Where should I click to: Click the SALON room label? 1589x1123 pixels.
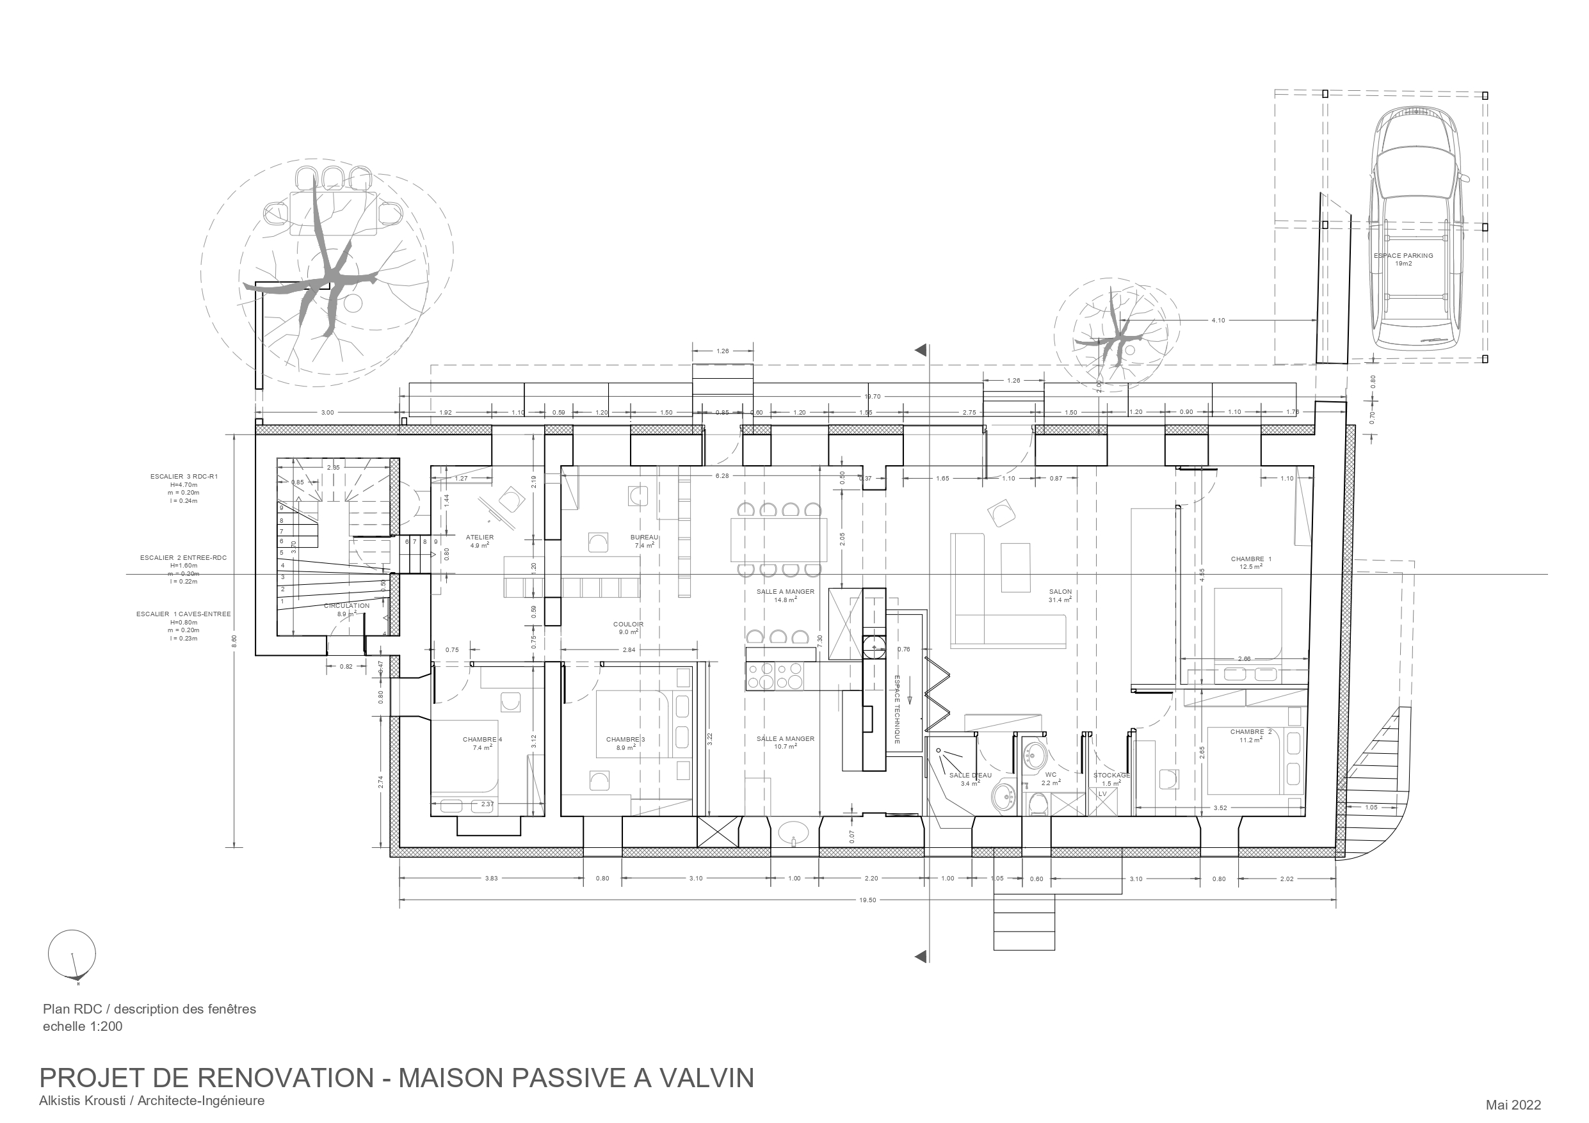pyautogui.click(x=1060, y=593)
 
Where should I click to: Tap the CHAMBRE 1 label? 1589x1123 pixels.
pyautogui.click(x=1251, y=559)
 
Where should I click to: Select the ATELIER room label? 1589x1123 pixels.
pyautogui.click(x=480, y=538)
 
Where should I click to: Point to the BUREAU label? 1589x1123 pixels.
pyautogui.click(x=643, y=538)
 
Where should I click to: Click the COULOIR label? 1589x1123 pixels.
pyautogui.click(x=627, y=624)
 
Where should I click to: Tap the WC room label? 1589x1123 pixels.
pyautogui.click(x=1051, y=775)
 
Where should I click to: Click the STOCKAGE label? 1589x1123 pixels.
pyautogui.click(x=1111, y=776)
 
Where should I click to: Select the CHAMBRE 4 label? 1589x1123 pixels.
pyautogui.click(x=482, y=740)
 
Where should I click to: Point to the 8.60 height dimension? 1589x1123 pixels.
pyautogui.click(x=234, y=641)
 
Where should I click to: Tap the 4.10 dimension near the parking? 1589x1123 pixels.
pyautogui.click(x=1218, y=321)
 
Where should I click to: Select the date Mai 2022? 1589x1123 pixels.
pyautogui.click(x=1513, y=1105)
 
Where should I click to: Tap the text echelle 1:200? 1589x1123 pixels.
pyautogui.click(x=83, y=1027)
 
